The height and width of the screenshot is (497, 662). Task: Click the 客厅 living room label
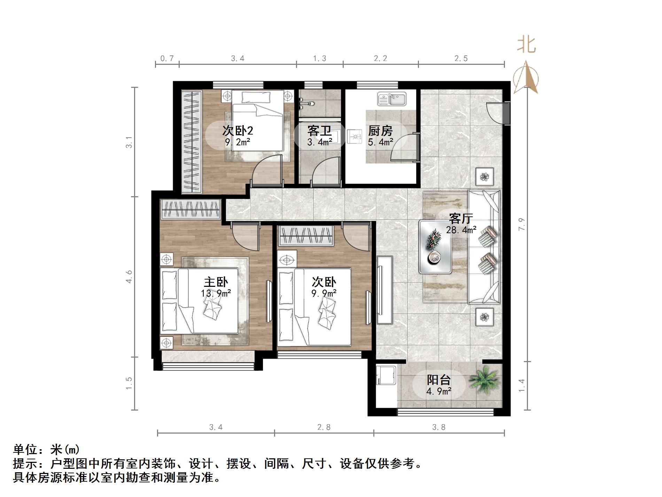click(461, 219)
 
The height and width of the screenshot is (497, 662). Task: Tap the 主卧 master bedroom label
click(216, 282)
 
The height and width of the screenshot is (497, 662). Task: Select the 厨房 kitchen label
click(380, 131)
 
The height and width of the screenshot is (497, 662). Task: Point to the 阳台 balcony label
click(439, 380)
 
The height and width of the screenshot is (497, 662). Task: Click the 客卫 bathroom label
click(319, 131)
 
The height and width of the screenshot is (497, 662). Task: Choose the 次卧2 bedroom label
click(237, 131)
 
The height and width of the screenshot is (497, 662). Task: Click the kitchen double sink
click(392, 99)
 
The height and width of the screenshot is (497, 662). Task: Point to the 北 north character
click(526, 45)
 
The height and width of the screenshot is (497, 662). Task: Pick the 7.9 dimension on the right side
click(521, 224)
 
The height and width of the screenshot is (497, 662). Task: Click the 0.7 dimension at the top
click(167, 59)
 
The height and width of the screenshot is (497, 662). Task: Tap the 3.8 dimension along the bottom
click(439, 427)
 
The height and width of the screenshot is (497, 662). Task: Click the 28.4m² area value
click(461, 230)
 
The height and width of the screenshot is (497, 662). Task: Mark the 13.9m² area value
click(216, 293)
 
